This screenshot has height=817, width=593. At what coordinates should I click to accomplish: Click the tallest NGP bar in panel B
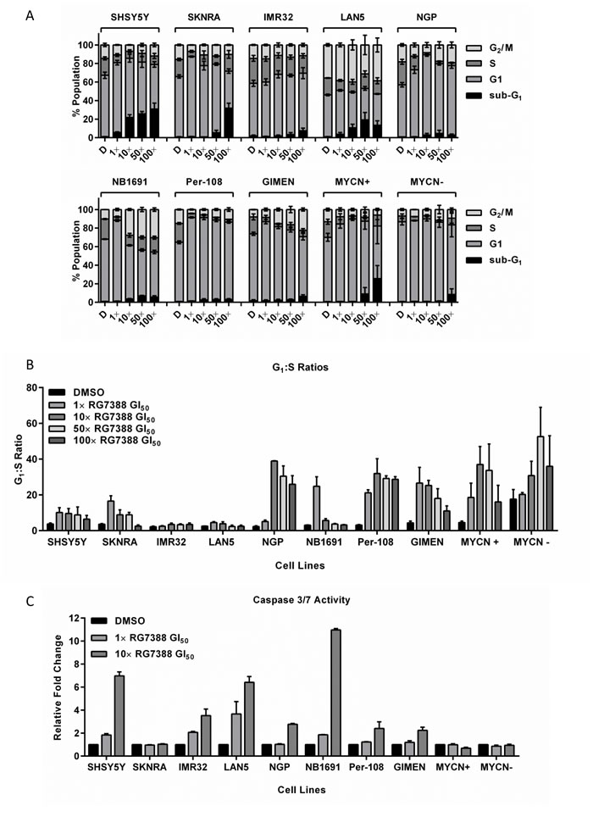[x=274, y=496]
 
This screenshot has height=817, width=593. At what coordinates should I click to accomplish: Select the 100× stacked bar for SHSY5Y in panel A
[x=153, y=91]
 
